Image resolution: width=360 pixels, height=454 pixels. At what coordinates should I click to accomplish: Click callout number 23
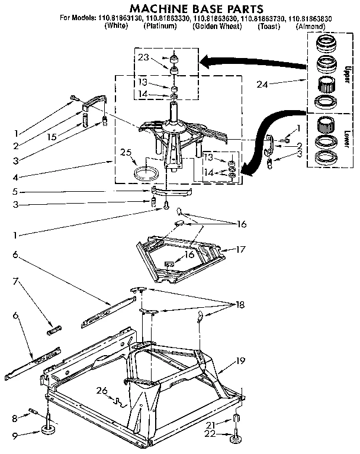click(143, 58)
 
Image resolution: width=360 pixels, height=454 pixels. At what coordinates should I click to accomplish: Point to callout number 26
click(102, 389)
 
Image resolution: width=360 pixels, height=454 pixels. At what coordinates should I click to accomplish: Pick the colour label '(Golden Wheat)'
click(216, 27)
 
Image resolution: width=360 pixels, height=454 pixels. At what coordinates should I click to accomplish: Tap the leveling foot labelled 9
click(48, 429)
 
